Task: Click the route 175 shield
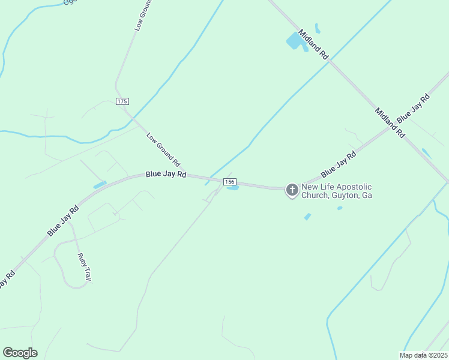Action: (x=122, y=101)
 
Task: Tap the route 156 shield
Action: (x=230, y=181)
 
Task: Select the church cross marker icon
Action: (x=292, y=191)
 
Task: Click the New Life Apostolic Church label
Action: (x=337, y=191)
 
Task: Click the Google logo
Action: (x=20, y=353)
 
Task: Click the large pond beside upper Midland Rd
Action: (x=295, y=41)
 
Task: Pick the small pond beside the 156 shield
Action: (x=233, y=188)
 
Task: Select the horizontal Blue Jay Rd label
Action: (x=166, y=175)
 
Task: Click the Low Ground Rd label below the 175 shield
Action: (x=163, y=150)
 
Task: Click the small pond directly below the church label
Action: (x=308, y=217)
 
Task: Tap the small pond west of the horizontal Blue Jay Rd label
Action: (x=100, y=185)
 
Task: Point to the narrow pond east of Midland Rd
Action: (x=426, y=153)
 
